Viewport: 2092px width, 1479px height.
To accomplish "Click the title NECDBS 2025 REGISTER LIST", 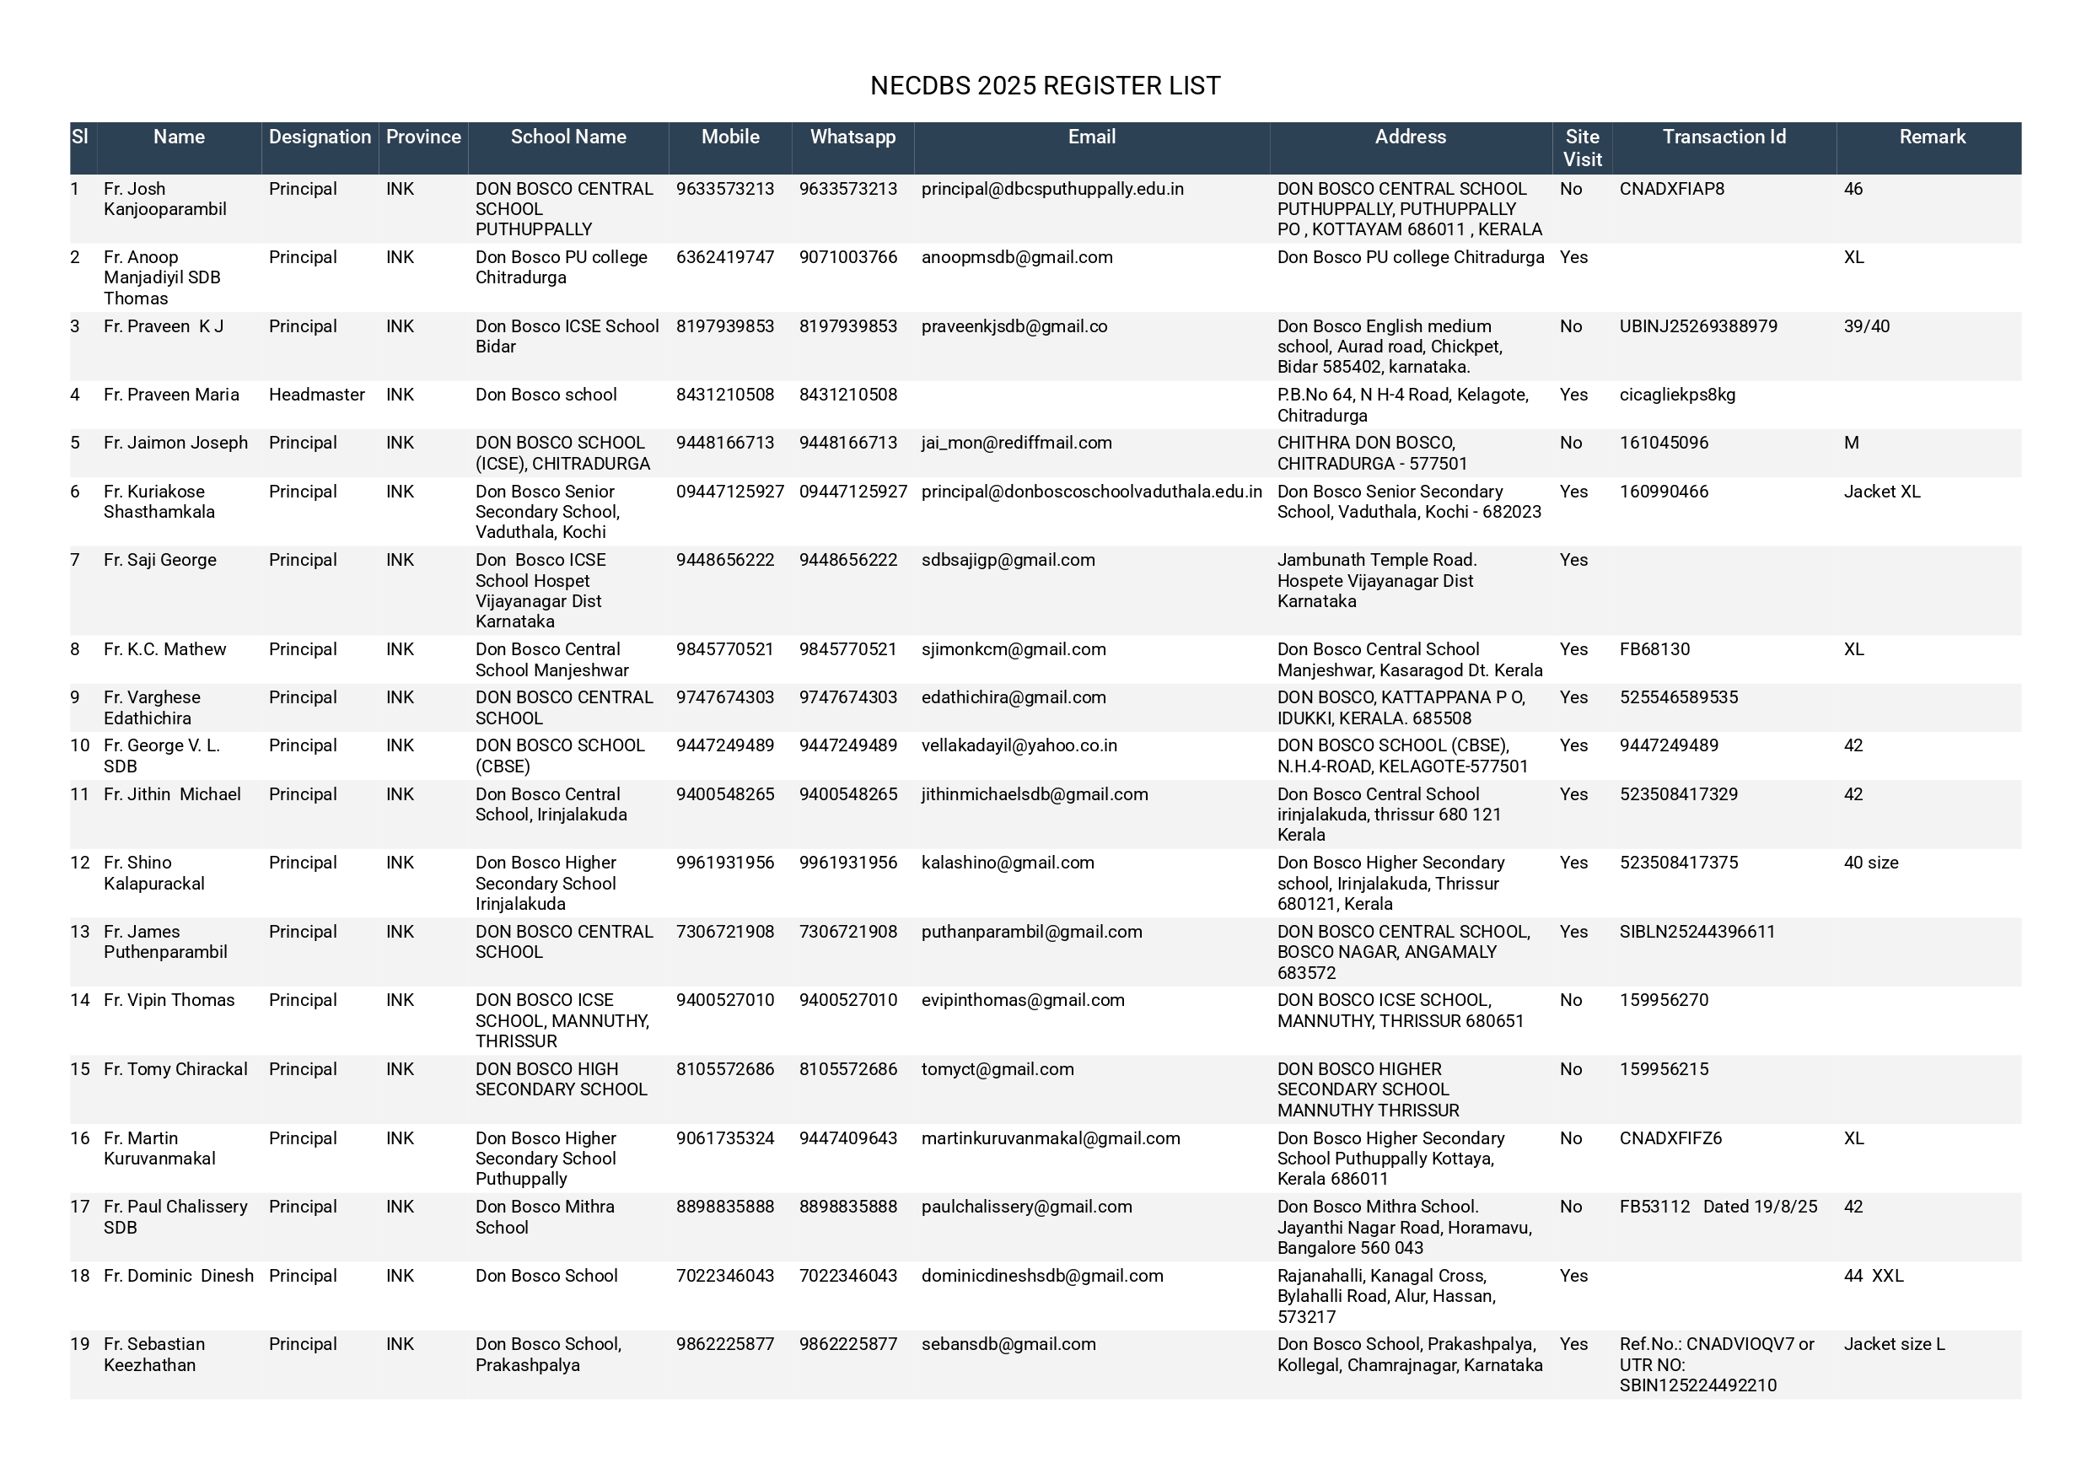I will point(1045,86).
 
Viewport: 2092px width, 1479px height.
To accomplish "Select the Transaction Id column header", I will point(1724,137).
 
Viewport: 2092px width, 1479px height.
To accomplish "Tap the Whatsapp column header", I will point(852,137).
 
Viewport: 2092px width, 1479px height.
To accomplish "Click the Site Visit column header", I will point(1582,148).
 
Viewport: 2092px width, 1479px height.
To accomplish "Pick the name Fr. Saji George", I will point(160,561).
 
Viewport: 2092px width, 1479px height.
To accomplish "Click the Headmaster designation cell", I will point(316,395).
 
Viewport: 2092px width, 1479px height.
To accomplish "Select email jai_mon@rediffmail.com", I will point(1016,443).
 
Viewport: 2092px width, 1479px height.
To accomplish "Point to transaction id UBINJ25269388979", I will point(1697,326).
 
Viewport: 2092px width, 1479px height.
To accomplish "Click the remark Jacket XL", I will point(1881,492).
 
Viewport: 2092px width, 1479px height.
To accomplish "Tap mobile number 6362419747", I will point(724,258).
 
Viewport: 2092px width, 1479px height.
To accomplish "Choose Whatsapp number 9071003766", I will point(847,258).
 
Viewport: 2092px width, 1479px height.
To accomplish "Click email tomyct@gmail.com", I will point(997,1070).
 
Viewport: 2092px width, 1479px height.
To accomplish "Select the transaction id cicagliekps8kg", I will point(1676,395).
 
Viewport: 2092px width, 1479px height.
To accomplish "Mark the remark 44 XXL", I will point(1874,1276).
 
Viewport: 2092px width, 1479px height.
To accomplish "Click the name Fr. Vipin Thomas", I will point(169,1001).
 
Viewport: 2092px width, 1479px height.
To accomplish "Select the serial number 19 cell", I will point(80,1344).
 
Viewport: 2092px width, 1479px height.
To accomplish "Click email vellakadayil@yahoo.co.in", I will point(1019,745).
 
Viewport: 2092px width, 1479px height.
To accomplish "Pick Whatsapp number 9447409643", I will point(847,1138).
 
